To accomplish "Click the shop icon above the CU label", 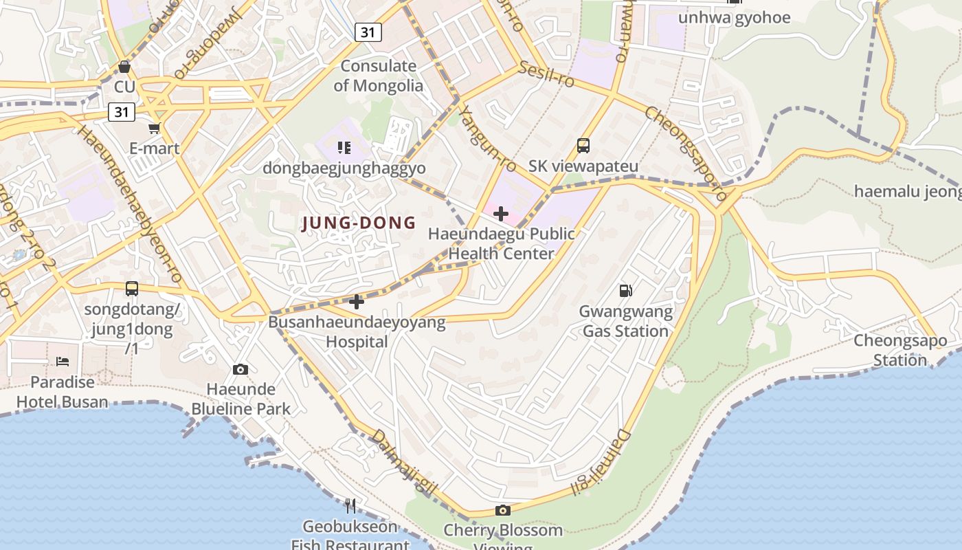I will point(124,67).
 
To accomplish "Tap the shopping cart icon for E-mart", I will point(155,128).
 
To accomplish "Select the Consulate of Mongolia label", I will point(379,76).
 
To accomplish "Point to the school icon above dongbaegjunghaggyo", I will point(344,147).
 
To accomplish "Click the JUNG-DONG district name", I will point(359,223).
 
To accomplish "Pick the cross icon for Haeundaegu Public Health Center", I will point(501,214).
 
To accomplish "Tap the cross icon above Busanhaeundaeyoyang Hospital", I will point(357,301).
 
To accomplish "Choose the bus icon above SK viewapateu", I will point(583,146).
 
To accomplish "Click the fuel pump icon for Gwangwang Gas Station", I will point(625,291).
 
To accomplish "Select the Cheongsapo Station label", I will point(900,350).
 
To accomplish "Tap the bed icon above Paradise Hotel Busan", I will point(63,361).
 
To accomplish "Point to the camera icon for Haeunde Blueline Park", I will point(240,369).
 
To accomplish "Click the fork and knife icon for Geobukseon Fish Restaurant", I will point(351,506).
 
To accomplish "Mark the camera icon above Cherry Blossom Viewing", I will point(503,510).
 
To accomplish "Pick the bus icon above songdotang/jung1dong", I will point(132,289).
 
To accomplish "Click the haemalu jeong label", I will point(907,191).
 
